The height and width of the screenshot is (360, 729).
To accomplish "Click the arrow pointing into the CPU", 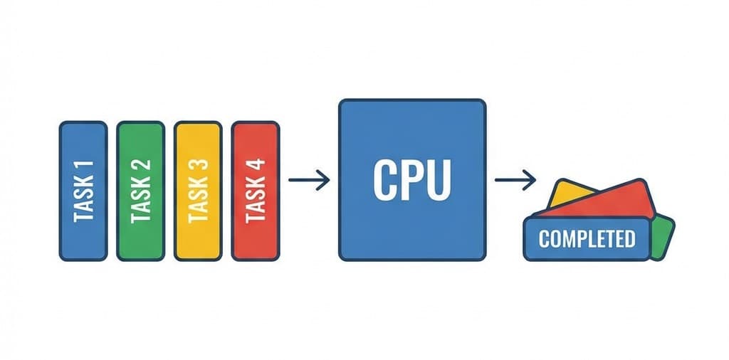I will coord(309,180).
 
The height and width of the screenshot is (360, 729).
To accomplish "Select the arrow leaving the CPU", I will coord(515,180).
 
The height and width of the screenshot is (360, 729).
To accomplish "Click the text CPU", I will coord(412,181).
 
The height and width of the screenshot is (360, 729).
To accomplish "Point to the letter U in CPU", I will coord(439,181).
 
